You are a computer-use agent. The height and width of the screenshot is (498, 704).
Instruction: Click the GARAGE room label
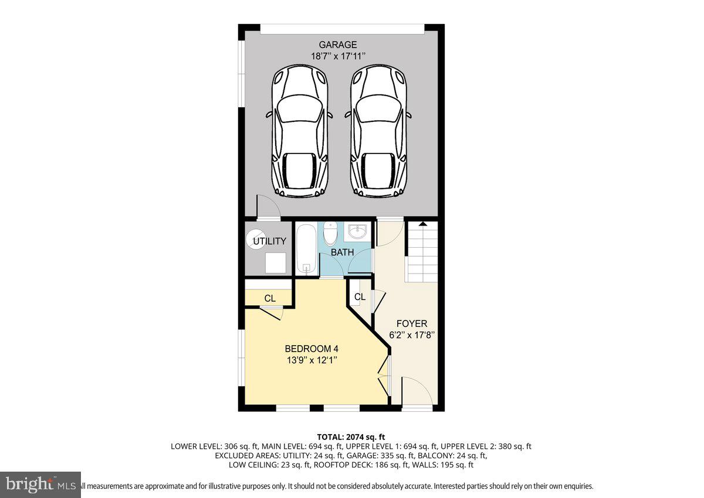(337, 45)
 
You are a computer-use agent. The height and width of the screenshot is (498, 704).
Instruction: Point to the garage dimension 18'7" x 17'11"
(338, 56)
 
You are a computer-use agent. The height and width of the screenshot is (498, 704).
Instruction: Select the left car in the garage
(299, 130)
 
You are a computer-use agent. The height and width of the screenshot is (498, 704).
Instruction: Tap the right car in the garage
(378, 130)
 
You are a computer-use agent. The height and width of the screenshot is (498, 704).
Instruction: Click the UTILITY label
(269, 241)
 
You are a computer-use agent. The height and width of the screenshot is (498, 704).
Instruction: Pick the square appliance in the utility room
(276, 262)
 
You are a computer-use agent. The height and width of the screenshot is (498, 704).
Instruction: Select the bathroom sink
(356, 233)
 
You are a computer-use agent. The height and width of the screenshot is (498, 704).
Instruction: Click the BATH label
(342, 253)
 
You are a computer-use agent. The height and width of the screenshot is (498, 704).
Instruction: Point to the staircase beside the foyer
(422, 252)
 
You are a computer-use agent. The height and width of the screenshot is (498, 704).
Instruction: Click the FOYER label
(411, 323)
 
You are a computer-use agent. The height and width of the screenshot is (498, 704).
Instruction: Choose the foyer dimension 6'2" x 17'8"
(411, 335)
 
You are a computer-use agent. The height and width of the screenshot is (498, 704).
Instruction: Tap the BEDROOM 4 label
(312, 349)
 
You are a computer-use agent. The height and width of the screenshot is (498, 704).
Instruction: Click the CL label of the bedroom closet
(269, 298)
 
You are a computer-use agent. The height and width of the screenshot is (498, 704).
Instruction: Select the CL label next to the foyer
(360, 297)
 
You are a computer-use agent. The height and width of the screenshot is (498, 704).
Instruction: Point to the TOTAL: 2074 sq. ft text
(351, 436)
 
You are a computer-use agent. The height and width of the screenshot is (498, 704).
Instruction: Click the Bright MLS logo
(40, 485)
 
